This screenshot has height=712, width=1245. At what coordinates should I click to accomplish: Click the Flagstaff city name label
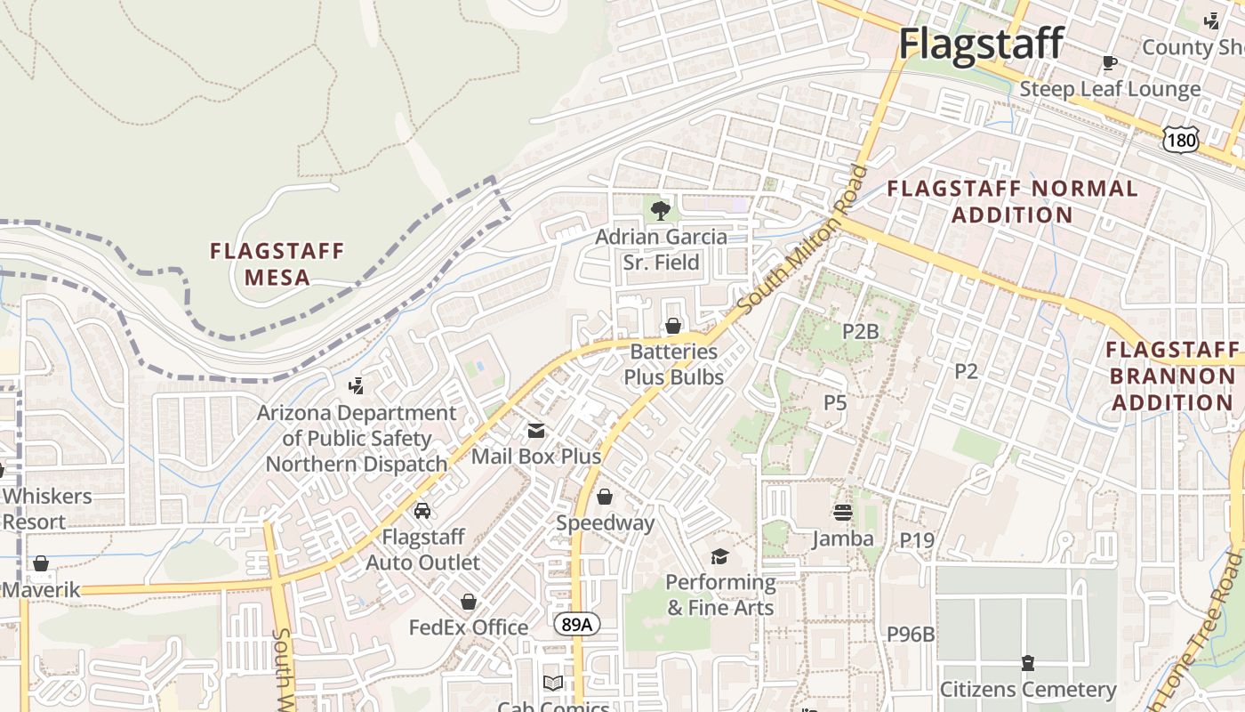[x=981, y=43]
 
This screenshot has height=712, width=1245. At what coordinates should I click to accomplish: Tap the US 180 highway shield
[x=1180, y=139]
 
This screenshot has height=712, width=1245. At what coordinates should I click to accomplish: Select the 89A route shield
[x=576, y=624]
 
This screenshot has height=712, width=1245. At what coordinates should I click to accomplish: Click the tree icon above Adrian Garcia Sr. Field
[x=660, y=210]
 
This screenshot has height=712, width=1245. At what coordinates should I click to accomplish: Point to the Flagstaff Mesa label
[x=277, y=264]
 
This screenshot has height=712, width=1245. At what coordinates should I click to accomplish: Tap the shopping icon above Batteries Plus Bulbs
[x=673, y=326]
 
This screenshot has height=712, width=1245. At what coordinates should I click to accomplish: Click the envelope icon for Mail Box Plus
[x=536, y=431]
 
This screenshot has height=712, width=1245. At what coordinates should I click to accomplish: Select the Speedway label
[x=605, y=523]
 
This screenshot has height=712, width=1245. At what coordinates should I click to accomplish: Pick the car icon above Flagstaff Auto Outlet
[x=422, y=511]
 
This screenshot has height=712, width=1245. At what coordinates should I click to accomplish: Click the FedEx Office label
[x=469, y=627]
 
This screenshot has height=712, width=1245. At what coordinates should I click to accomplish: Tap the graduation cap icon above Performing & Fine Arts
[x=719, y=556]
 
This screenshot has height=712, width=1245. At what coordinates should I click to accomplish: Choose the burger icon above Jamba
[x=843, y=512]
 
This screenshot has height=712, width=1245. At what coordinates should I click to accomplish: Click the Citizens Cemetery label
[x=1027, y=690]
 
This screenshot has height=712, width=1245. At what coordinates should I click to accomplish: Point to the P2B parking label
[x=860, y=332]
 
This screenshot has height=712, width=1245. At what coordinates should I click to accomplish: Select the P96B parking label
[x=911, y=634]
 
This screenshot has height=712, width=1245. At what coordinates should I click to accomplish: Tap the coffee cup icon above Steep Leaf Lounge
[x=1109, y=62]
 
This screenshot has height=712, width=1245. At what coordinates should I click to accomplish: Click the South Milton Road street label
[x=802, y=240]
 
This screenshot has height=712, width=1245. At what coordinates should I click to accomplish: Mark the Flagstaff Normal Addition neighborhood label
[x=1012, y=202]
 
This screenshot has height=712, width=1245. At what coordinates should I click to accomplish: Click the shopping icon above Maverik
[x=40, y=563]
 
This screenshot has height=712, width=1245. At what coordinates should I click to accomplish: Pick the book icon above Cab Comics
[x=553, y=683]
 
